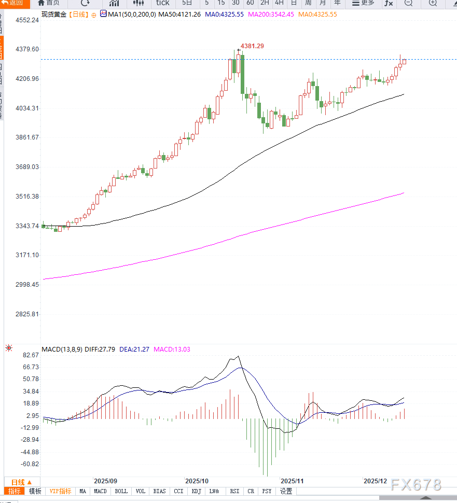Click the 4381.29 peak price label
click(x=253, y=46)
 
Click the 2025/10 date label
click(x=197, y=481)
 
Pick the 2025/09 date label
click(x=105, y=481)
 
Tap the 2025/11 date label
click(x=292, y=481)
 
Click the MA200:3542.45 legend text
click(x=271, y=14)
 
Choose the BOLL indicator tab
click(x=121, y=491)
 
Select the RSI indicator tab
click(x=234, y=491)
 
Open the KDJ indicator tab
click(x=196, y=491)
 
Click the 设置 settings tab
click(x=286, y=491)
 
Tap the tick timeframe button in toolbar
click(x=162, y=3)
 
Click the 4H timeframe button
click(x=279, y=3)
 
